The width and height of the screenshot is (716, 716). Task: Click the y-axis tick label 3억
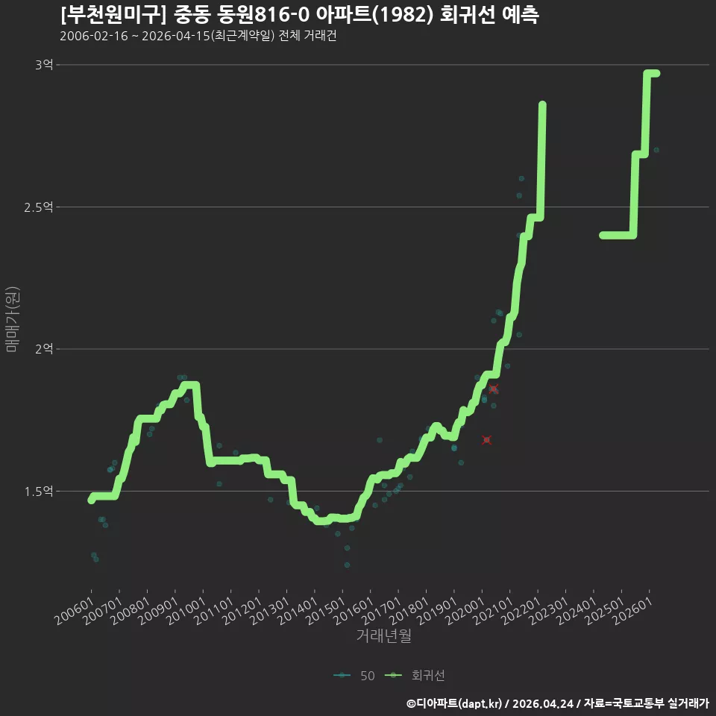click(44, 65)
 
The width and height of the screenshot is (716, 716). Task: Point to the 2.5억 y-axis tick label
click(38, 207)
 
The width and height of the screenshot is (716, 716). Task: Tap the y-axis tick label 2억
click(44, 349)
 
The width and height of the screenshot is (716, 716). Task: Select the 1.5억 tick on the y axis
click(38, 492)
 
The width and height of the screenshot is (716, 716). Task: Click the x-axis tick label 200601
click(75, 611)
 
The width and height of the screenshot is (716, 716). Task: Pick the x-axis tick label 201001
click(186, 611)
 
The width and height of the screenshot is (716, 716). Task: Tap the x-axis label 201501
click(326, 611)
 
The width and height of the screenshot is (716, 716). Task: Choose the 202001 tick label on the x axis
click(465, 611)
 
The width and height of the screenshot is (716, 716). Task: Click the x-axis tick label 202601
click(633, 611)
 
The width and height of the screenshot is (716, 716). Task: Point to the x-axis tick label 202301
click(550, 611)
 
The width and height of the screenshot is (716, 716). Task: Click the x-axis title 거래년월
click(383, 635)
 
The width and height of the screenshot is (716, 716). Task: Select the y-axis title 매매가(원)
click(12, 319)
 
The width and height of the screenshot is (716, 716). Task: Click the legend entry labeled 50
click(354, 676)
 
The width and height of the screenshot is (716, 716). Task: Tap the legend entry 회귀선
click(415, 676)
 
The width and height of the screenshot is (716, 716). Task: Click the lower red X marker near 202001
click(487, 440)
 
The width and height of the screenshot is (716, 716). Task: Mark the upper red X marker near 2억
click(493, 389)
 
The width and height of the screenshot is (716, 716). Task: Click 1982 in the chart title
click(402, 15)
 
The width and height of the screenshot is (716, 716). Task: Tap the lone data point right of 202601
click(656, 150)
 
